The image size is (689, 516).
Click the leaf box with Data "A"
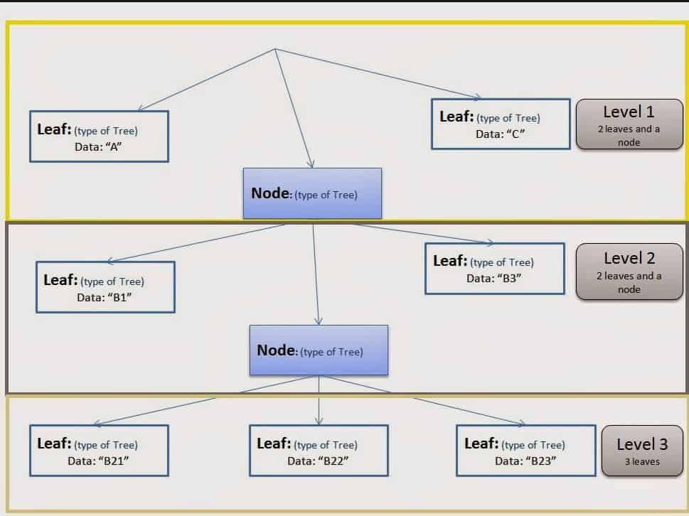click(x=99, y=136)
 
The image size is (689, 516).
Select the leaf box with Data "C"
click(x=501, y=124)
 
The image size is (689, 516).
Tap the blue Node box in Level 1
click(x=312, y=193)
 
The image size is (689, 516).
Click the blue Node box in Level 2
click(x=319, y=350)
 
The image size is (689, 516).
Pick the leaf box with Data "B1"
click(x=105, y=287)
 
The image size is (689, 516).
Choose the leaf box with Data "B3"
click(x=494, y=269)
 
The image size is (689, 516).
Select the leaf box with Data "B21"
click(x=99, y=451)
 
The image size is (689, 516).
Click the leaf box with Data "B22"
click(x=319, y=451)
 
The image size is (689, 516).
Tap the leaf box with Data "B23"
click(x=525, y=451)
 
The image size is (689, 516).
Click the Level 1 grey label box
click(x=629, y=124)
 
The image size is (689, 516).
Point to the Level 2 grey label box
click(x=629, y=272)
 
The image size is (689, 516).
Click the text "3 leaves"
click(x=642, y=461)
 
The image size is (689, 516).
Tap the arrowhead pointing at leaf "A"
click(x=141, y=109)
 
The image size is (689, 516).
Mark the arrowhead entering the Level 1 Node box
click(x=311, y=164)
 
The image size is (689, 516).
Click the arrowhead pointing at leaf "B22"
click(x=319, y=421)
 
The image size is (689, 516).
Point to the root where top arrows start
click(x=274, y=49)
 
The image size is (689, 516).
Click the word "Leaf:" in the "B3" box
click(x=450, y=261)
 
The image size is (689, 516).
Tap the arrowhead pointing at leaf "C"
click(x=478, y=97)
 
